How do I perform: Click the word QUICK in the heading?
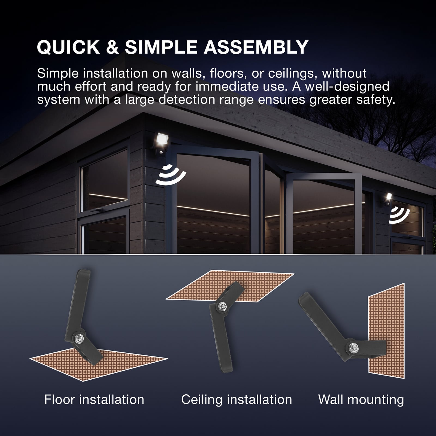(68, 47)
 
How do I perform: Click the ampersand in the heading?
(112, 47)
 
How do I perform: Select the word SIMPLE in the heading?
(161, 47)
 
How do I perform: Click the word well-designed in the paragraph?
(347, 87)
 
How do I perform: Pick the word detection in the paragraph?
(187, 100)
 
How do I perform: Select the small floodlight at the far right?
(388, 197)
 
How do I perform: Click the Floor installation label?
(94, 400)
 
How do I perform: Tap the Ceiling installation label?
(237, 400)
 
